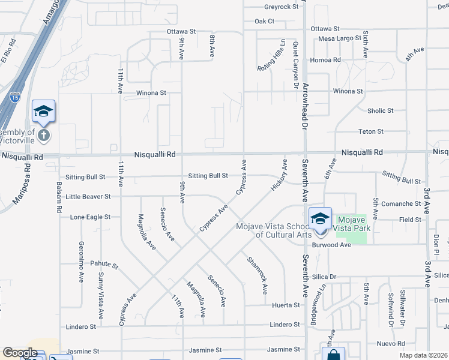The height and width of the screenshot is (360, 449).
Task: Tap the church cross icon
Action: point(43,134)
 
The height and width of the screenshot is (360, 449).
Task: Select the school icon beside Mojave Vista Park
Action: point(320,220)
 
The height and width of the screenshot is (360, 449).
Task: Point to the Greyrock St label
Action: point(281,7)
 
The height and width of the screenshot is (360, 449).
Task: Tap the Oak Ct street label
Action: point(264,21)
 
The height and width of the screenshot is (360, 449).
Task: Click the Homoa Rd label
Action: point(325,60)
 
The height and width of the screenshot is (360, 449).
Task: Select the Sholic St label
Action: point(381,110)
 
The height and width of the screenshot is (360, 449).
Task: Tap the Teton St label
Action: point(371,131)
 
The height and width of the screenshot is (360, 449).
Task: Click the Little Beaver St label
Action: point(88,196)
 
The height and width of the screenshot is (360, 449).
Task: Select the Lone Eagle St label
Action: point(90,217)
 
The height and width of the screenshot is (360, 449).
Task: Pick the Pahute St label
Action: point(104,264)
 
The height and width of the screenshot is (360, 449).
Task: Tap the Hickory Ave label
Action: point(279,175)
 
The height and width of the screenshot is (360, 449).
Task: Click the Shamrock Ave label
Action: point(256,275)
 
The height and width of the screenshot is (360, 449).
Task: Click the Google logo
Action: point(20,353)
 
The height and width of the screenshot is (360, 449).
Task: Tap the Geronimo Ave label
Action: point(80,262)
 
